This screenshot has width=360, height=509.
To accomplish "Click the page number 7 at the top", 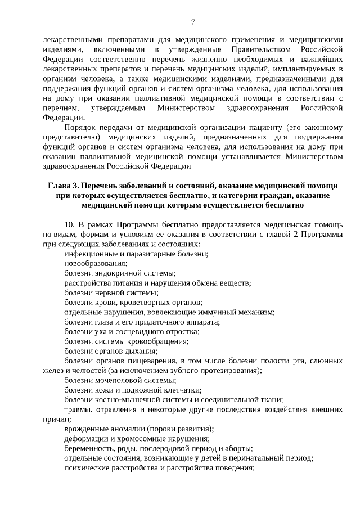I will (192, 22).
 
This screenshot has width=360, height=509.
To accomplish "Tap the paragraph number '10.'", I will (70, 224).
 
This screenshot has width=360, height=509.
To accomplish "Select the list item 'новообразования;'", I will (96, 263).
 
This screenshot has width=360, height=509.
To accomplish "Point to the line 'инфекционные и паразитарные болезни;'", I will (136, 254).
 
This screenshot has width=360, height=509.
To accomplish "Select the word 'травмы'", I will (77, 409).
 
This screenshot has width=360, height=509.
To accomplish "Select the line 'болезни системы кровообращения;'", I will (126, 341).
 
